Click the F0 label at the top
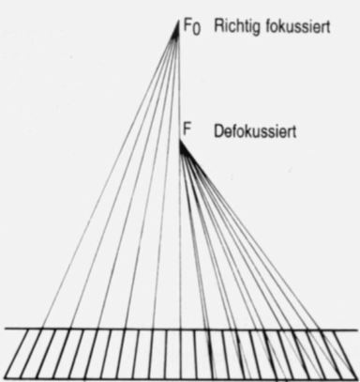click(192, 27)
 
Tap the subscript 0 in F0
click(196, 30)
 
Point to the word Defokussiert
click(255, 131)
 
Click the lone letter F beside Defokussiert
click(187, 130)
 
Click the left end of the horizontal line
click(5, 329)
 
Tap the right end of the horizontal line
click(357, 329)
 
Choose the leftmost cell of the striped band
click(20, 353)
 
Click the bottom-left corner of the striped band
click(6, 377)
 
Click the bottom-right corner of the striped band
click(356, 378)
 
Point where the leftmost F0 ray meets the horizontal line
click(42, 329)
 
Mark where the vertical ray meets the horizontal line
click(180, 329)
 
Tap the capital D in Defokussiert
click(218, 131)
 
